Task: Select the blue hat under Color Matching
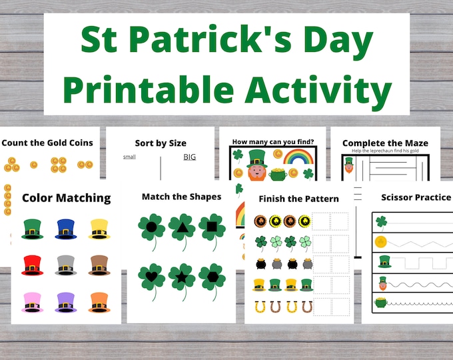click(x=65, y=229)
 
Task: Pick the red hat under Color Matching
click(x=32, y=265)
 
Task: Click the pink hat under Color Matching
click(x=32, y=301)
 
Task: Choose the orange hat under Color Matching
click(x=99, y=301)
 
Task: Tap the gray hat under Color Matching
click(x=65, y=265)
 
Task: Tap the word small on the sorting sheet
click(x=129, y=157)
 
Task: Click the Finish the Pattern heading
click(x=298, y=199)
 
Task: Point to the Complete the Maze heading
click(x=384, y=143)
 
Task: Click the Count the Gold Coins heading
click(x=47, y=143)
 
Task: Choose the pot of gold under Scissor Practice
click(x=382, y=302)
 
